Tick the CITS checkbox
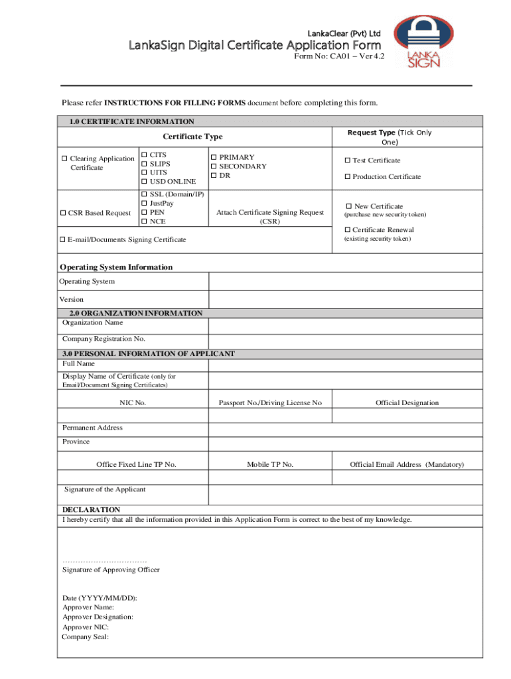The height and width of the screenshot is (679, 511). (x=143, y=154)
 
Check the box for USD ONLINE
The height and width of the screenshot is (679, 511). (x=143, y=181)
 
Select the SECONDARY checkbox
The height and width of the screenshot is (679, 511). (x=214, y=166)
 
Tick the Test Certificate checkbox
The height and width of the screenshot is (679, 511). (x=346, y=160)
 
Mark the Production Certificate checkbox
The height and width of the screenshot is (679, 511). (x=346, y=177)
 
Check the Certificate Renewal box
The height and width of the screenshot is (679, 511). (x=346, y=230)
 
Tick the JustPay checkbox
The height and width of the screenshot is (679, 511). (x=143, y=203)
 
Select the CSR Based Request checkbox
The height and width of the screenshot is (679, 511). (x=64, y=213)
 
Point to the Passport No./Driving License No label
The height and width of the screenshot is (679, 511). (x=270, y=402)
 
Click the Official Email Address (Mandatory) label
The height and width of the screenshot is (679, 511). (x=407, y=464)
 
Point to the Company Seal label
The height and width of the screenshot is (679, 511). (x=85, y=637)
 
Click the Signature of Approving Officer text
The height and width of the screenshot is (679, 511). (x=111, y=570)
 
